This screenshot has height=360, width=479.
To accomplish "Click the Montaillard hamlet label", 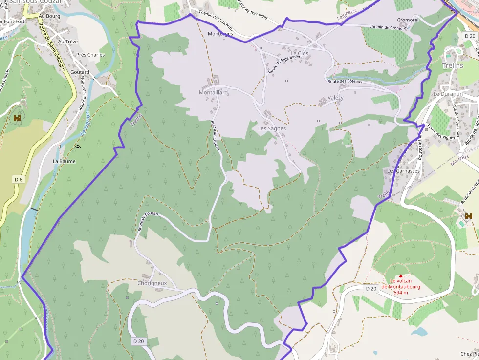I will coord(213,92).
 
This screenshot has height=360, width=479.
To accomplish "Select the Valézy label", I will coord(335,98).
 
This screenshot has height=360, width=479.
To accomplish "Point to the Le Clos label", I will coord(300,53).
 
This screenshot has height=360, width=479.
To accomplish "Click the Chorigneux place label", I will coord(152,283).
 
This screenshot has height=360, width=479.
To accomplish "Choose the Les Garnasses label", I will coord(403,171).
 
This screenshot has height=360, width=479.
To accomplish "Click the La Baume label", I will coord(64,161).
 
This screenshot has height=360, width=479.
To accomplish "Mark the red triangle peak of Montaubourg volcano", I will coord(401,276).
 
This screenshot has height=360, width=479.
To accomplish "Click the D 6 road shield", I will coord(19,180).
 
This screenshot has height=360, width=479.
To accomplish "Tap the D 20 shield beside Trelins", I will coord(470,36).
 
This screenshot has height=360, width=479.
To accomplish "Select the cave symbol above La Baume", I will coord(77,147).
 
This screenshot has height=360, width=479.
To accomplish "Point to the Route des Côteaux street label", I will coord(345,82).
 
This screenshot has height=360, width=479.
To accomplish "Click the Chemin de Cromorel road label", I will coord(388,27).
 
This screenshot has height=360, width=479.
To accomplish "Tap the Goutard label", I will coord(80,72).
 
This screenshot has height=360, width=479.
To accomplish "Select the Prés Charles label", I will coord(90,55).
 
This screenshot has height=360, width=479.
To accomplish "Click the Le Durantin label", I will coord(448,94).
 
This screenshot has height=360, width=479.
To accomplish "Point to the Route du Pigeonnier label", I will coord(283,61).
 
